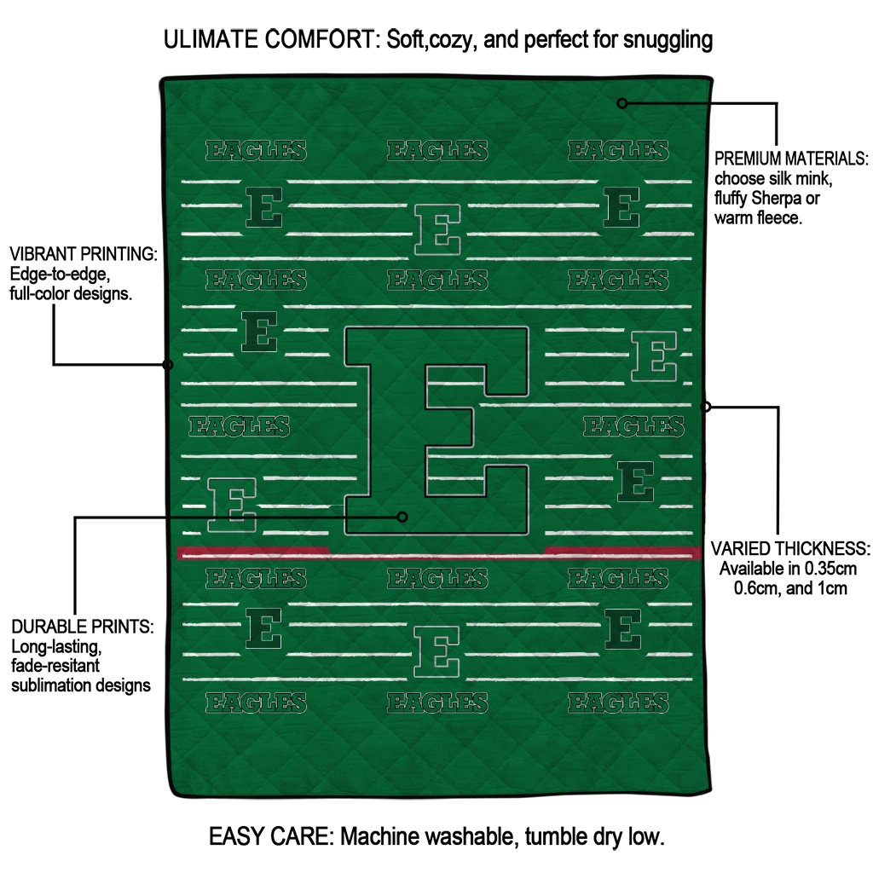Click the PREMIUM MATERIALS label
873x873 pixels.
(790, 159)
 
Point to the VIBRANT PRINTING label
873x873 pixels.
(83, 254)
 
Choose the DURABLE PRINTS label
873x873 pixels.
(82, 627)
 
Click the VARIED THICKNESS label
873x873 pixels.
(790, 547)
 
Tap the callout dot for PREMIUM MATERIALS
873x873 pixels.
(622, 103)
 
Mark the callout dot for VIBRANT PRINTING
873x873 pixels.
(168, 365)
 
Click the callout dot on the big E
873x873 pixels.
(403, 517)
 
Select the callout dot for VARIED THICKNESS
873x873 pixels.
(706, 407)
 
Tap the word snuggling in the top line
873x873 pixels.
(662, 39)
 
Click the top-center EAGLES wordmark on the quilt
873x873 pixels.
(437, 152)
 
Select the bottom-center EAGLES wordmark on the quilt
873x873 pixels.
(437, 703)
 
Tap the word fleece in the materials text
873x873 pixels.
(780, 218)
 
